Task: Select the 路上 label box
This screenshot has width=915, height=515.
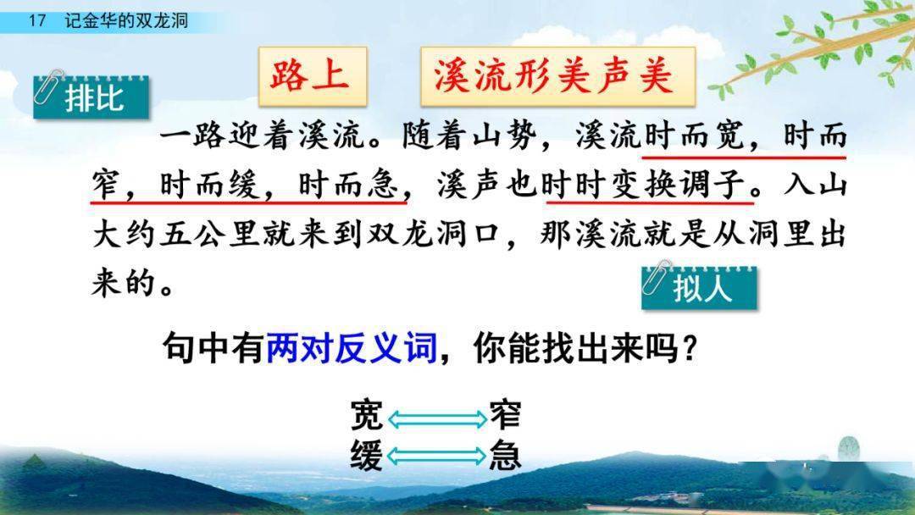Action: (310, 75)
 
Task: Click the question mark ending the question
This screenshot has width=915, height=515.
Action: (690, 348)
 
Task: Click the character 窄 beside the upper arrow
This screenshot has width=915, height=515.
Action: (505, 417)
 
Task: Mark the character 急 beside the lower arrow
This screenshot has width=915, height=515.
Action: (505, 457)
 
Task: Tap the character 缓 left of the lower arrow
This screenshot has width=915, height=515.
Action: (367, 457)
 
